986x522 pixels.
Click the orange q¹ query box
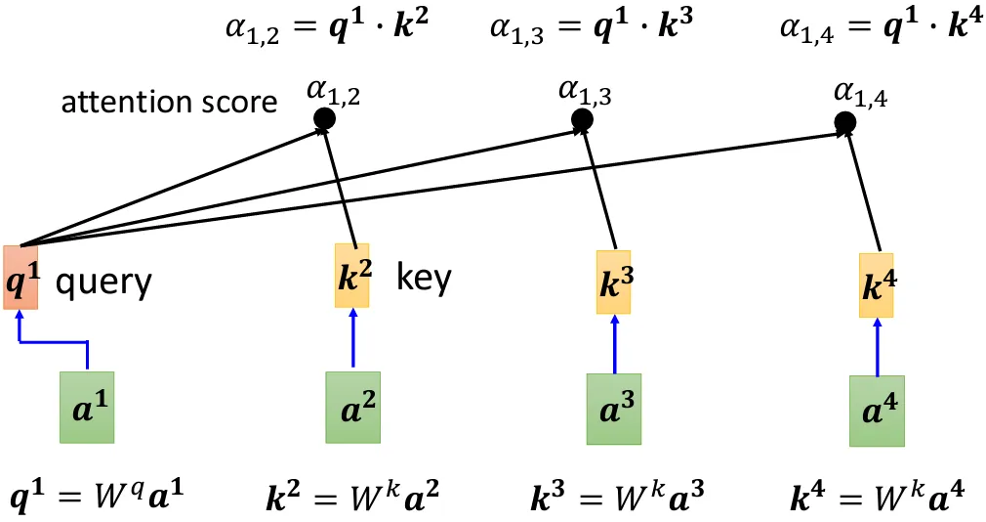(21, 276)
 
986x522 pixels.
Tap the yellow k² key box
(351, 276)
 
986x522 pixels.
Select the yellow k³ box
(614, 282)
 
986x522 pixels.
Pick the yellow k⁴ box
(877, 284)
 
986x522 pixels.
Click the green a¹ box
(87, 407)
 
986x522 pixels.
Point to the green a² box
(351, 407)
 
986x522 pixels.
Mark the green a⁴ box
(877, 411)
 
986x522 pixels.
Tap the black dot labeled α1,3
(583, 120)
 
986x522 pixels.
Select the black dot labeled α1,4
(845, 122)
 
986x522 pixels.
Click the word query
(103, 283)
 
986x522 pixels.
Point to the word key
(425, 280)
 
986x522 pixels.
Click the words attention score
(169, 102)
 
